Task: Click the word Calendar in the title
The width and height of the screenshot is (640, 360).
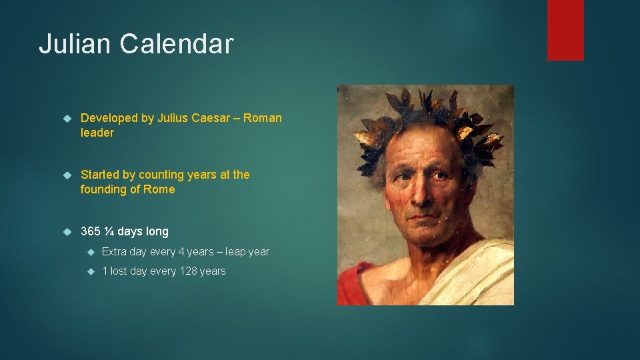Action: pyautogui.click(x=177, y=44)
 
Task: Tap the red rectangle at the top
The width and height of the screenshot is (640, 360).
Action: pyautogui.click(x=565, y=30)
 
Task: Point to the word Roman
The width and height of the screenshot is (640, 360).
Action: pyautogui.click(x=263, y=118)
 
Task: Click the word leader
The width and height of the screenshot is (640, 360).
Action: pyautogui.click(x=97, y=133)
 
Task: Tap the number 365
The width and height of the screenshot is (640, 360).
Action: pyautogui.click(x=90, y=231)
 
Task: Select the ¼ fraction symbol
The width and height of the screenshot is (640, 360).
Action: pyautogui.click(x=108, y=231)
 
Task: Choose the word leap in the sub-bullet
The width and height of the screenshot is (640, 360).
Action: pyautogui.click(x=236, y=251)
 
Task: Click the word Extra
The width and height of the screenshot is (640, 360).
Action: pyautogui.click(x=115, y=251)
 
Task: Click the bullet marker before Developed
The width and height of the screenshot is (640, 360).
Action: pyautogui.click(x=67, y=119)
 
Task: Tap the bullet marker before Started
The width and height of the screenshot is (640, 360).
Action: pyautogui.click(x=67, y=175)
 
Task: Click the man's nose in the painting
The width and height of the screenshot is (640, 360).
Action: pyautogui.click(x=417, y=190)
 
